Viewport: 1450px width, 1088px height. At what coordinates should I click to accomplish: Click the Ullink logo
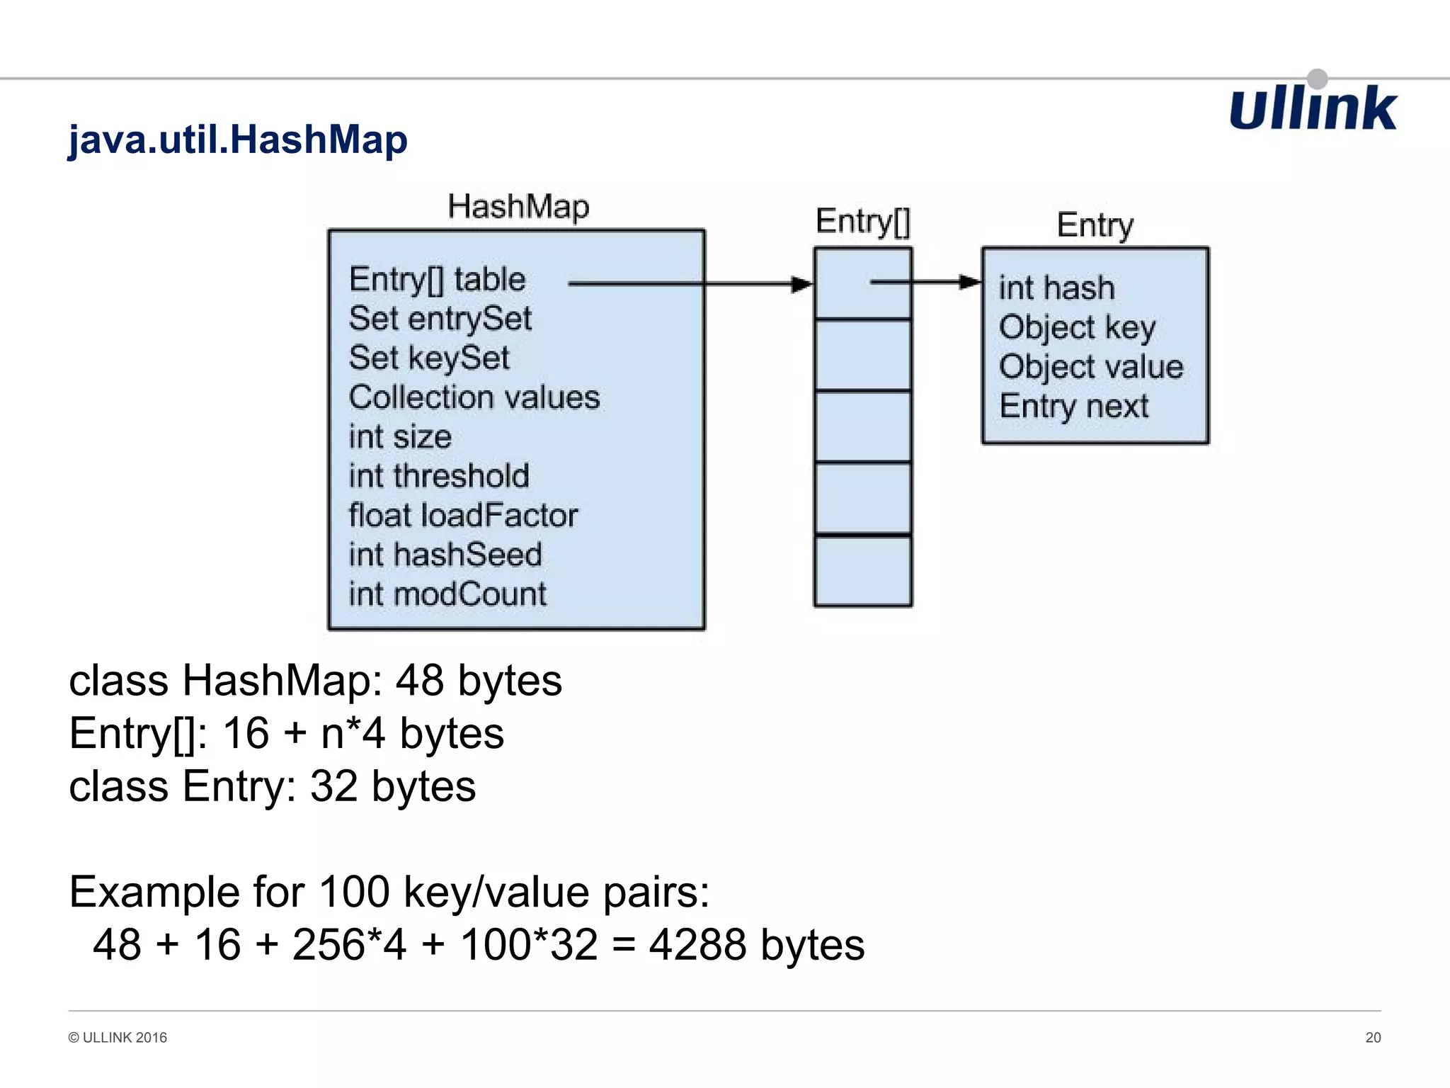point(1313,108)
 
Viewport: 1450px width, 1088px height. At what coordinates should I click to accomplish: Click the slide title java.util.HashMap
point(237,139)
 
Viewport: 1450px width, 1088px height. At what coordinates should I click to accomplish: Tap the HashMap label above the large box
point(518,207)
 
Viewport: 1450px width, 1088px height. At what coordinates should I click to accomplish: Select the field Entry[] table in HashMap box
point(437,280)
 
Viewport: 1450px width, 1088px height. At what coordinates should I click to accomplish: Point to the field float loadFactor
point(463,516)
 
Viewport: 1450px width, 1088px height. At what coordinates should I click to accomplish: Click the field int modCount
point(447,594)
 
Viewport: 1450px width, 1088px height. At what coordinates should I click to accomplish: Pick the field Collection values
point(474,397)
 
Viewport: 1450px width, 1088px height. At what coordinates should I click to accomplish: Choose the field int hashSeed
point(445,555)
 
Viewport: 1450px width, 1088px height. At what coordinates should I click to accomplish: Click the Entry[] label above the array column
point(862,222)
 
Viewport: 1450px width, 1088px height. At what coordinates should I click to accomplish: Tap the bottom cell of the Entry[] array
point(862,571)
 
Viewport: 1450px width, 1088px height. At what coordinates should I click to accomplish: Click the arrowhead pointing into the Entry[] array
point(802,284)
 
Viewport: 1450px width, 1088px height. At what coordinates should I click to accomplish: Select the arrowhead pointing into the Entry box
point(970,282)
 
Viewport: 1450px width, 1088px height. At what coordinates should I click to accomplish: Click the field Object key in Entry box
point(1076,328)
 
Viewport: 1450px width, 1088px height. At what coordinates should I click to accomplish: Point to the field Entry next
point(1073,407)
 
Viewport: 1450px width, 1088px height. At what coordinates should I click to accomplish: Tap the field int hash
point(1056,288)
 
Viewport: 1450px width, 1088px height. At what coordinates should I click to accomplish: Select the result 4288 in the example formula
point(697,945)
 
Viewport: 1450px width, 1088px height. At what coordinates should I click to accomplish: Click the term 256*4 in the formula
point(349,945)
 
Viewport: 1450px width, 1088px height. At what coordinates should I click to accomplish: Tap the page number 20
point(1373,1038)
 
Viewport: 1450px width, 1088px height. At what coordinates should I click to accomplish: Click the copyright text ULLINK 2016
point(118,1038)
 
